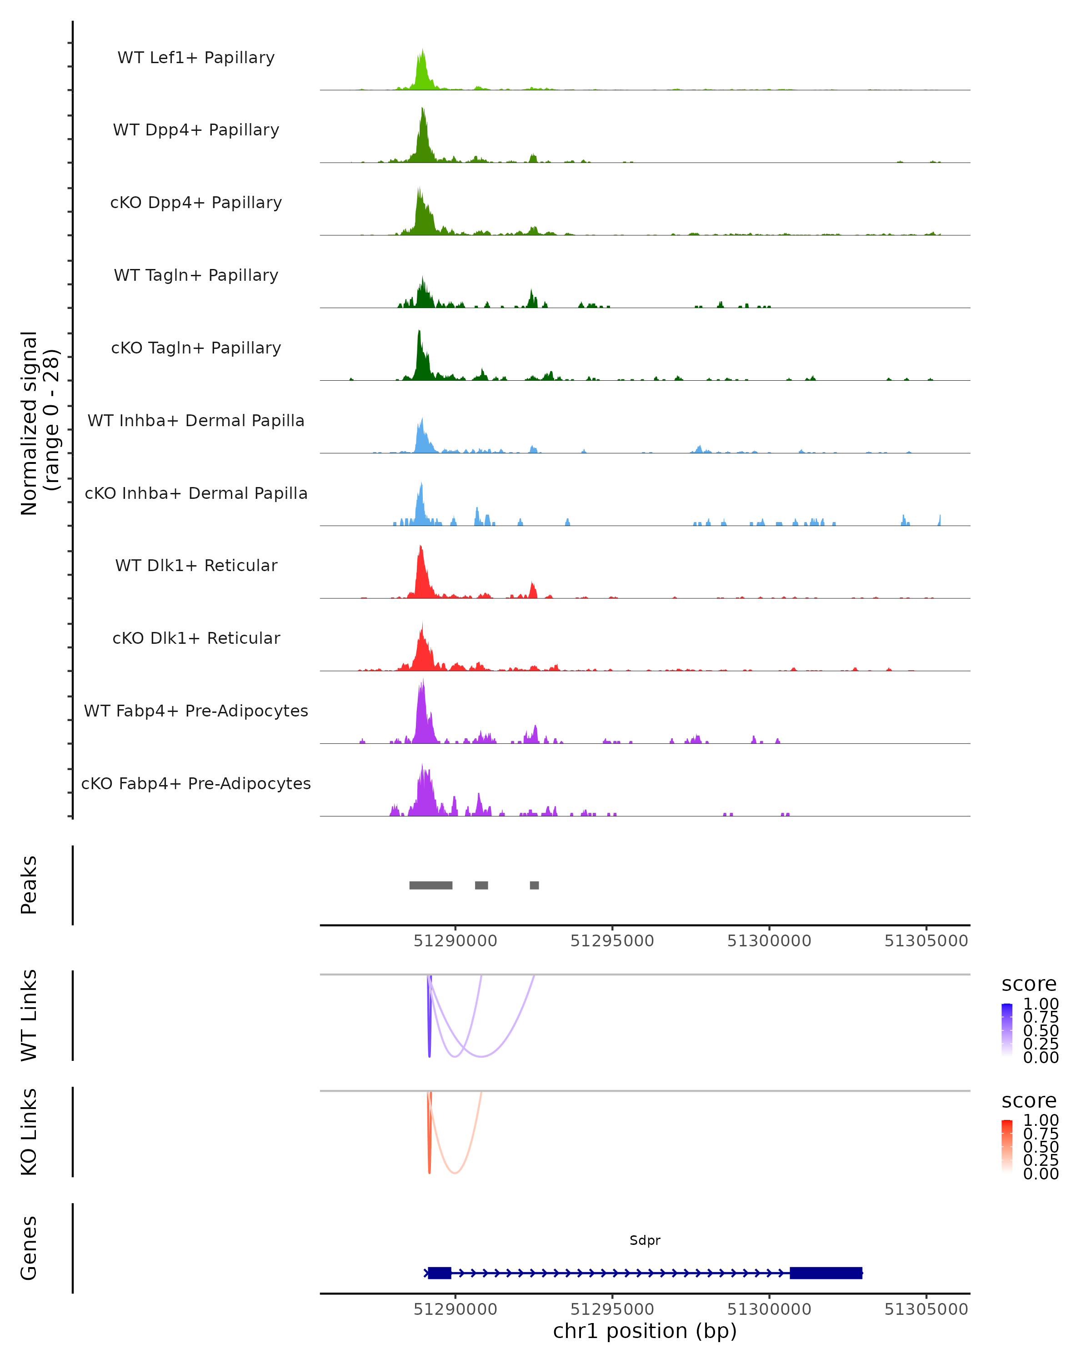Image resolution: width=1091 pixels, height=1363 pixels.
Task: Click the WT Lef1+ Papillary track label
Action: tap(196, 58)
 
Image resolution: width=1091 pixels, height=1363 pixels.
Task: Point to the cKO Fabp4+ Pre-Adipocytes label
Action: tap(196, 783)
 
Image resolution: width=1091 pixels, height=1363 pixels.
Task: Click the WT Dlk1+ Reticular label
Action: tap(196, 566)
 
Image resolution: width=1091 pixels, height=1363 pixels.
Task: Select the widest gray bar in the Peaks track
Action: tap(430, 885)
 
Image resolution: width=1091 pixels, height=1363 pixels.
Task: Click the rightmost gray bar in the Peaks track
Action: tap(535, 885)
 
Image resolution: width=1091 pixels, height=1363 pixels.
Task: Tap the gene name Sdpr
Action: tap(645, 1240)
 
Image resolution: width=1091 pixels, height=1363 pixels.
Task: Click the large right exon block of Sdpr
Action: tap(826, 1273)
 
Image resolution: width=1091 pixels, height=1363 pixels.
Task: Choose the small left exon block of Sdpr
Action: tap(440, 1273)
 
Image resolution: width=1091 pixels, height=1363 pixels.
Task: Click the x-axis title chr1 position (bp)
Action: tap(645, 1331)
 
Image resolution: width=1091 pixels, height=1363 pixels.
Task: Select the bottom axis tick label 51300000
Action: tap(769, 1309)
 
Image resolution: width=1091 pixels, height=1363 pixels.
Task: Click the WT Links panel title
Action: tap(29, 1015)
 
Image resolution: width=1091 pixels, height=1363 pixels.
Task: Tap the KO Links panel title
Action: tap(29, 1132)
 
